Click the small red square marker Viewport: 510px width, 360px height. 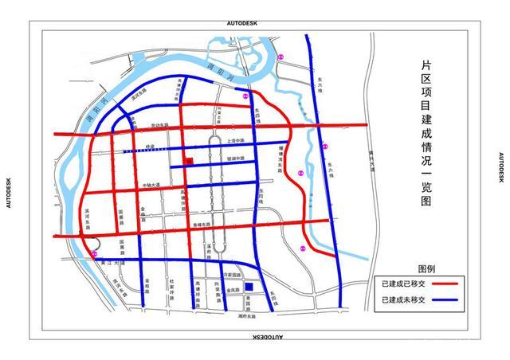(189, 162)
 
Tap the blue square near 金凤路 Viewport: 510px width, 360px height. (249, 288)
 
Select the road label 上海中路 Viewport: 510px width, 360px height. (236, 139)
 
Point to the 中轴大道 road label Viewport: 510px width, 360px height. (151, 186)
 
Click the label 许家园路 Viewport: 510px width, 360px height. (232, 275)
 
